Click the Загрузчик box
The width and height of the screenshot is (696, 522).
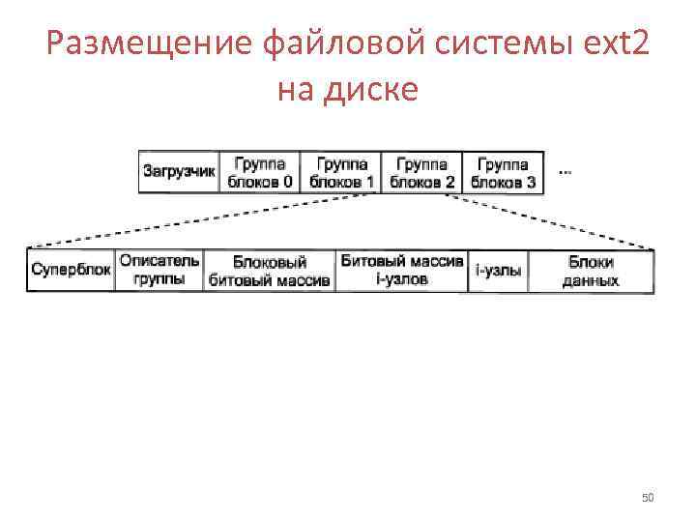point(179,172)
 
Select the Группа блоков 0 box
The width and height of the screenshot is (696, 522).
point(260,172)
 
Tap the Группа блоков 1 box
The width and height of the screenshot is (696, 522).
point(341,172)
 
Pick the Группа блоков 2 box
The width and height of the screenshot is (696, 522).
point(422,172)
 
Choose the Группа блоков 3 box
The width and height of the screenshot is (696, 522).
point(503,172)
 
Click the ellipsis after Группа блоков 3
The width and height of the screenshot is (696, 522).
point(565,172)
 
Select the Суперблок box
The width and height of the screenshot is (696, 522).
point(71,271)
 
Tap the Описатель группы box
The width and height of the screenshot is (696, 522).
point(159,271)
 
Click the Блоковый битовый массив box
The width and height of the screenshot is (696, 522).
point(270,271)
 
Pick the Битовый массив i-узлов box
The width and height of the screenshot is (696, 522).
point(402,271)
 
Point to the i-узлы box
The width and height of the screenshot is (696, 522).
point(499,271)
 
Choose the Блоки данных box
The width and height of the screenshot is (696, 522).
point(591,271)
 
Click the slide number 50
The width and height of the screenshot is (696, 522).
point(648,498)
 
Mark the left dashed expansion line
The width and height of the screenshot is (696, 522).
point(193,222)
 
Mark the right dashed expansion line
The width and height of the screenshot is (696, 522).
point(551,221)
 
